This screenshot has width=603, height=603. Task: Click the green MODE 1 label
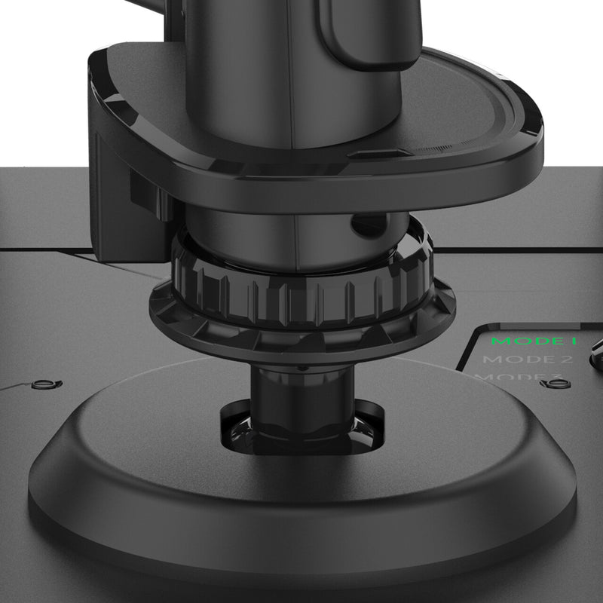click(534, 341)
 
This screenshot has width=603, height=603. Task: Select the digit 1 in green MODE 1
click(574, 341)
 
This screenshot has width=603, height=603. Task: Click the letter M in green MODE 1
click(499, 341)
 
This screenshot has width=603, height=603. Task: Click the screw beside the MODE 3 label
click(556, 383)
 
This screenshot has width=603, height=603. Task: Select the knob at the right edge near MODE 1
click(597, 348)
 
